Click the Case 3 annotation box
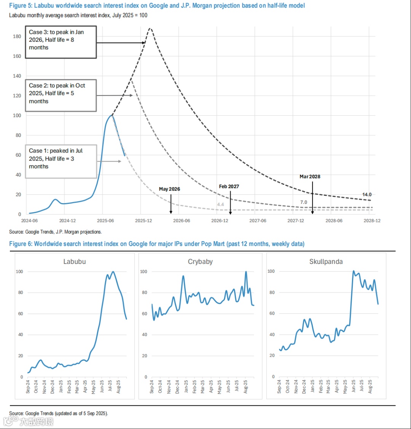(61, 42)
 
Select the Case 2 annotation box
(61, 95)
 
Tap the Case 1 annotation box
(61, 161)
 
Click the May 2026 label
(169, 189)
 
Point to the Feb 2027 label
(229, 186)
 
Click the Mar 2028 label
(310, 176)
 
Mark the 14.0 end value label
(367, 195)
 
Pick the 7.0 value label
(303, 202)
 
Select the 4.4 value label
(220, 205)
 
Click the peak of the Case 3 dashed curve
(150, 28)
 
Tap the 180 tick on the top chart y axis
(17, 37)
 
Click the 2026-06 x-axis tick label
(182, 221)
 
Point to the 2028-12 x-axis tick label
(372, 221)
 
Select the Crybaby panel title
(200, 262)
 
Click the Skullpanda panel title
(326, 262)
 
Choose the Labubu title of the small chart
(75, 262)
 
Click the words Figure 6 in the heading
(20, 244)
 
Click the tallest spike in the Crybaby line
(246, 272)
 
